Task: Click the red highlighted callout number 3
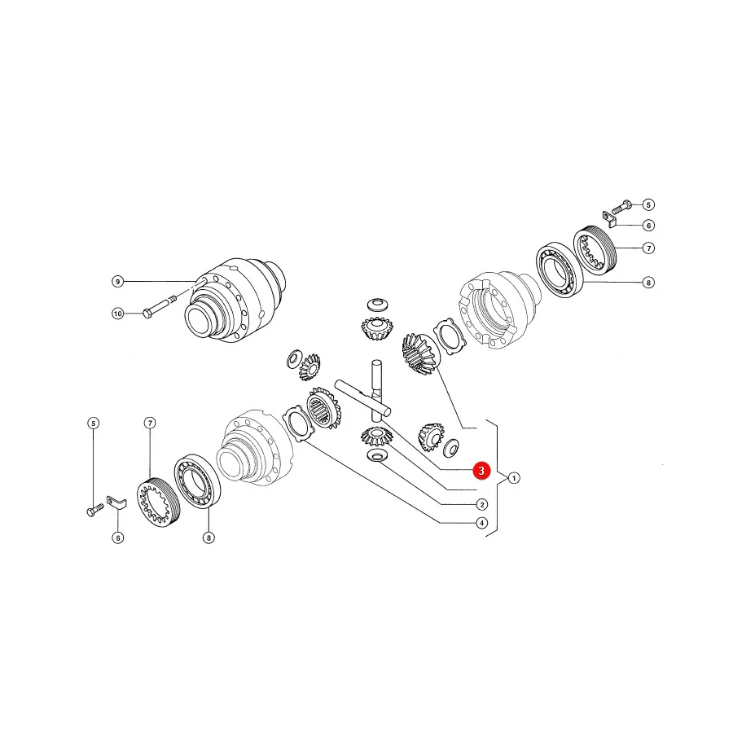(481, 471)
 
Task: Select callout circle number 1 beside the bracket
(514, 478)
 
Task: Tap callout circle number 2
(482, 504)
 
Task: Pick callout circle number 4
(482, 523)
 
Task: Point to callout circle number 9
(118, 282)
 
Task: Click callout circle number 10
(118, 314)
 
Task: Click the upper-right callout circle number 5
(648, 204)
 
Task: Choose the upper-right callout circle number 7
(648, 248)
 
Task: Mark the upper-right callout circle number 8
(648, 283)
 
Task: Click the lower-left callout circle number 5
(94, 424)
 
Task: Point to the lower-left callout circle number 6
(118, 538)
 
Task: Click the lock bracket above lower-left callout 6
(116, 502)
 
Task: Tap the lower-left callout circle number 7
(150, 423)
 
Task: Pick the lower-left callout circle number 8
(208, 538)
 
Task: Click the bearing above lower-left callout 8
(197, 481)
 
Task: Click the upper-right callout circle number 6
(648, 226)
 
